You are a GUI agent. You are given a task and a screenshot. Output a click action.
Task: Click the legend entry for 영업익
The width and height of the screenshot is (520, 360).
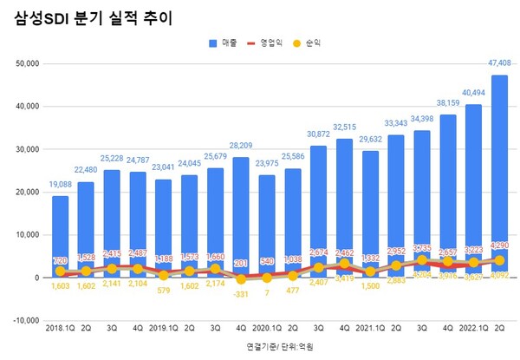pyautogui.click(x=277, y=42)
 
